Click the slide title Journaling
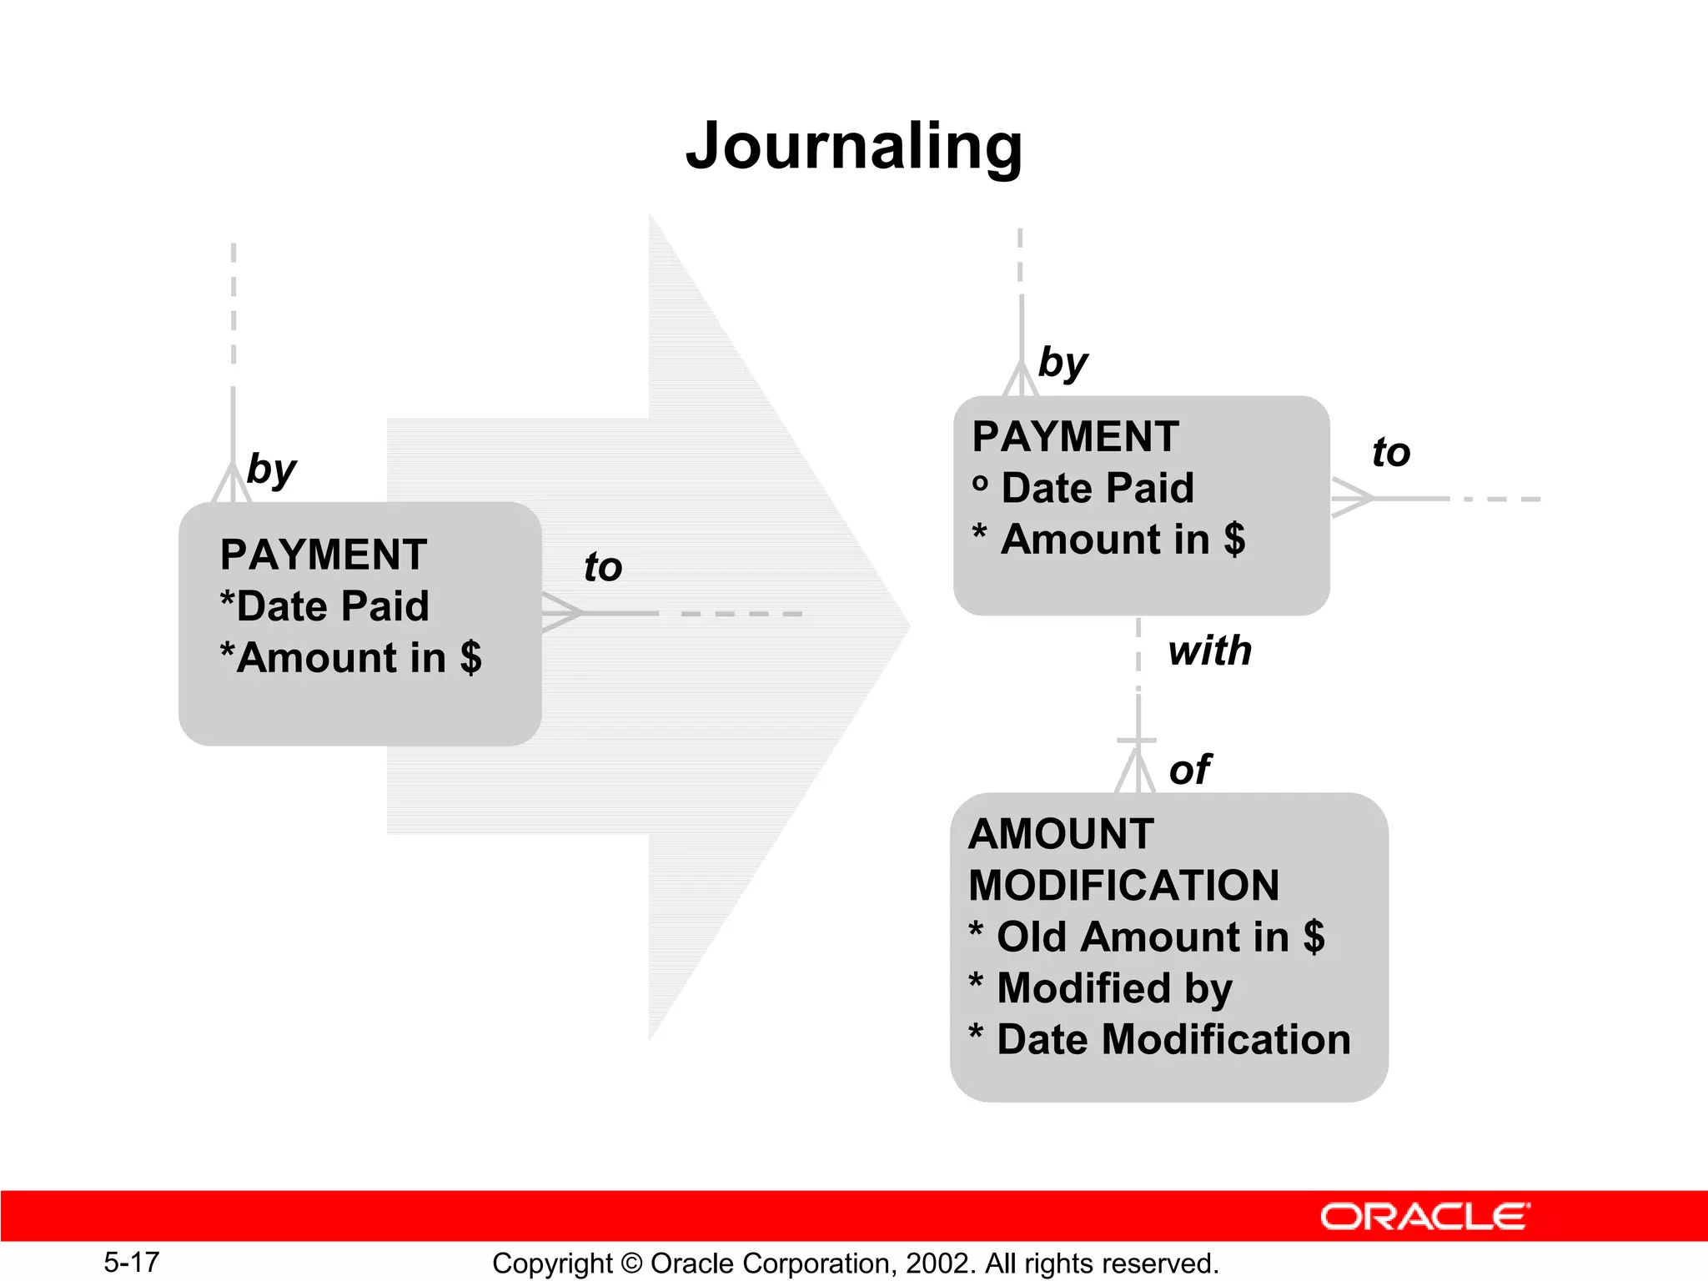[854, 147]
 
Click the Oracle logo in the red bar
[1424, 1217]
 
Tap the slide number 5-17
[131, 1262]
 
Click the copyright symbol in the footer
[631, 1263]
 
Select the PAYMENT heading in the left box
[324, 555]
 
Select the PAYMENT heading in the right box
[1076, 436]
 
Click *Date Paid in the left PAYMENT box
[324, 606]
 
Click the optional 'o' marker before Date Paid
[981, 484]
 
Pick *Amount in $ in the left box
[350, 657]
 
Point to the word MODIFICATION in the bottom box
[1123, 885]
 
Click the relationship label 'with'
[1210, 651]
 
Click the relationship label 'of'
[1190, 769]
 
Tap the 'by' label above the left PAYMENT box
[271, 469]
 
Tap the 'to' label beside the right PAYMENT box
[1391, 452]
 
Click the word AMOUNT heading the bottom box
[1061, 834]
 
